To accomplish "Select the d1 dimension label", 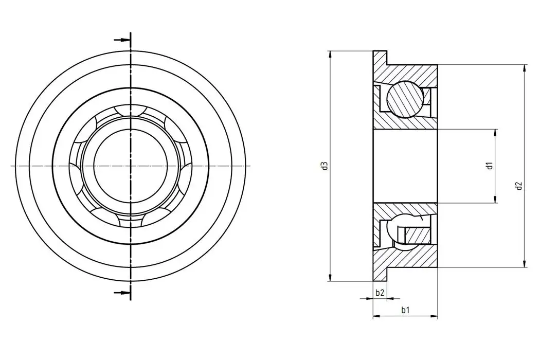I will (x=490, y=166).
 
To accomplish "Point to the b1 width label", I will (x=406, y=310).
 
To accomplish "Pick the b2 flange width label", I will (x=380, y=293).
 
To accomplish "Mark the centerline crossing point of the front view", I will (x=131, y=166).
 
